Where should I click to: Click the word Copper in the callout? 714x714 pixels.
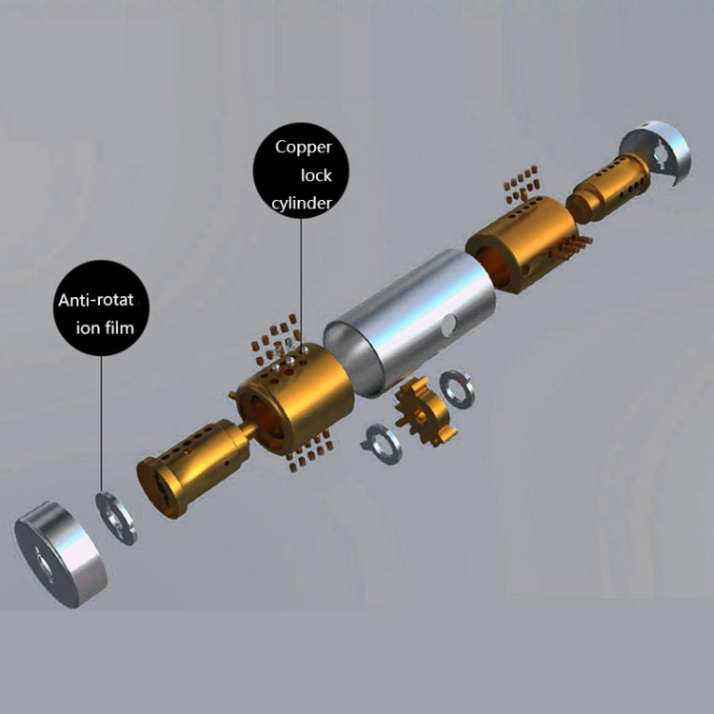coord(304,148)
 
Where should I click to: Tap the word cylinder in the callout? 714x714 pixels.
coord(302,203)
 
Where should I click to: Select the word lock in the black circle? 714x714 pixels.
coord(316,175)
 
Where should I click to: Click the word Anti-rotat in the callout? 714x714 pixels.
coord(96,300)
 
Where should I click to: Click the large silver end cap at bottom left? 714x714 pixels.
coord(61,554)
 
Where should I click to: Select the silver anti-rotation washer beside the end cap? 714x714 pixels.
coord(115,518)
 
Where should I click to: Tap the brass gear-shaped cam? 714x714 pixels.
coord(425,411)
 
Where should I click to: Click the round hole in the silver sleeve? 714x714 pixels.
coord(448,325)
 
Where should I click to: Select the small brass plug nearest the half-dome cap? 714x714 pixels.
coord(608,188)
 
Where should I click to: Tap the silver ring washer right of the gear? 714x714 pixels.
coord(457,389)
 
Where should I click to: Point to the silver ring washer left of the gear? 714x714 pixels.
coord(382,445)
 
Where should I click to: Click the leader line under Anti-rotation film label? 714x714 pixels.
coord(101,424)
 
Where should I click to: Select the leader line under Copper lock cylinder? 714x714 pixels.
coord(301,284)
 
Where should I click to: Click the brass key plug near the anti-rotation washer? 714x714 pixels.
coord(193,468)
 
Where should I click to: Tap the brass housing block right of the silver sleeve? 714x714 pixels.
coord(523,245)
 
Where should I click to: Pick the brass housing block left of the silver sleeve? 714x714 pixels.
coord(295,399)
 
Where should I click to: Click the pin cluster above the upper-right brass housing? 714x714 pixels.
coord(522,184)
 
